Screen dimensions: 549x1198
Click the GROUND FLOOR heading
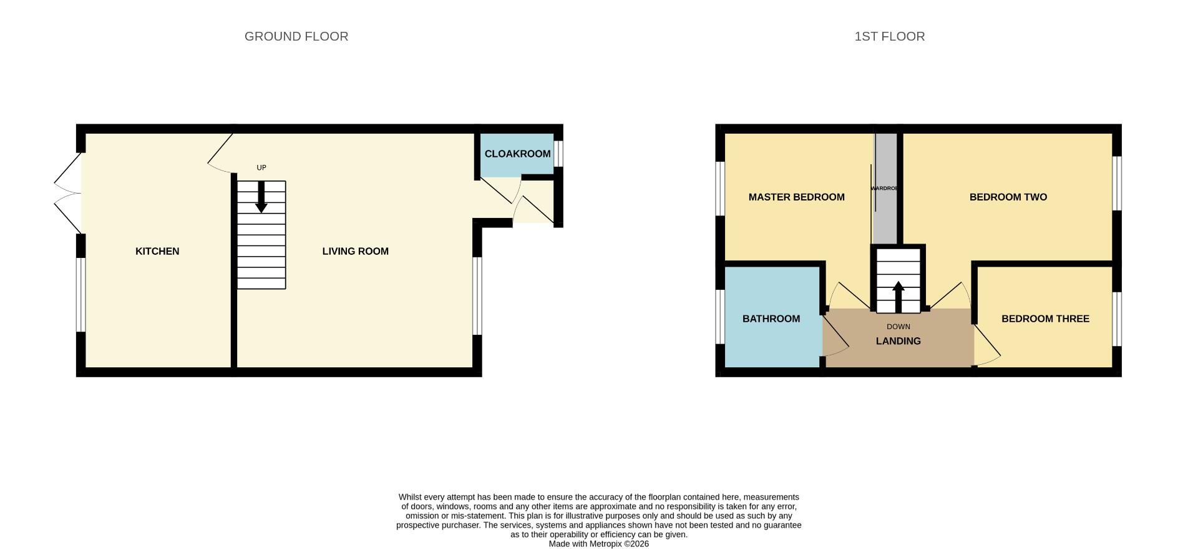point(296,36)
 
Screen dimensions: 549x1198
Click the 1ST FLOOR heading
point(889,36)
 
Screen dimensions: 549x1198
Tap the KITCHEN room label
point(157,251)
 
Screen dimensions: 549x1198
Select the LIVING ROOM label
point(355,251)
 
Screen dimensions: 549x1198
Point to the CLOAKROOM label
point(517,154)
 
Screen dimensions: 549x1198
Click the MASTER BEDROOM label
point(796,197)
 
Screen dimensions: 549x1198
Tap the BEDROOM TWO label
point(1008,197)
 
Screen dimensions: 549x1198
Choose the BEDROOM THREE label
point(1045,319)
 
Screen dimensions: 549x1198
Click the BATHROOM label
point(771,319)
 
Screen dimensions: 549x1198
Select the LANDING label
point(898,341)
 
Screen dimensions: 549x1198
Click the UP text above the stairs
point(261,167)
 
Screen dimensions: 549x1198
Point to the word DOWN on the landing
point(898,327)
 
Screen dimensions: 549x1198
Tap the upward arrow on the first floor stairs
point(898,296)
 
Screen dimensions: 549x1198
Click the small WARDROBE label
point(884,188)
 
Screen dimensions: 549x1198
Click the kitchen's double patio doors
point(67,193)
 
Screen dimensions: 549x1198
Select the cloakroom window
point(559,154)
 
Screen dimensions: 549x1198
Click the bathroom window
point(719,316)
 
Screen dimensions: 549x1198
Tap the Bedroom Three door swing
point(987,347)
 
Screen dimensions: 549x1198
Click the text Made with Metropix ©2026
point(598,544)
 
